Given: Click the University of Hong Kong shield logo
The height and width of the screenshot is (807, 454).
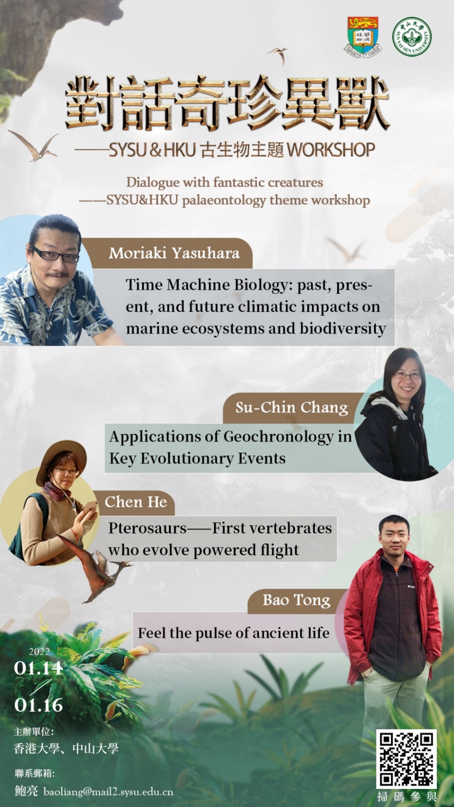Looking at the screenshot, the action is pyautogui.click(x=363, y=36).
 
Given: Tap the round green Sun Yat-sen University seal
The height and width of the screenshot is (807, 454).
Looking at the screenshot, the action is pyautogui.click(x=411, y=37).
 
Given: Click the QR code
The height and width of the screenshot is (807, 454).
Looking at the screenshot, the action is pyautogui.click(x=407, y=758).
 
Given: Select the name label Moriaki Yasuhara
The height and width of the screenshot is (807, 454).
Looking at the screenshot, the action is pyautogui.click(x=174, y=253).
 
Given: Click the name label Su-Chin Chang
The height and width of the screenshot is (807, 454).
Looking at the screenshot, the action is pyautogui.click(x=292, y=408).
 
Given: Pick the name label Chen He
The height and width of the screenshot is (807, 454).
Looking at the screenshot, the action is pyautogui.click(x=135, y=502).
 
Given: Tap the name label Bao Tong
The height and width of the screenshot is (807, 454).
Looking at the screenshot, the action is pyautogui.click(x=296, y=600).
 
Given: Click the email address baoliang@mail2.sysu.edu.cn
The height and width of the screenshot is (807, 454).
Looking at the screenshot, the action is pyautogui.click(x=108, y=792).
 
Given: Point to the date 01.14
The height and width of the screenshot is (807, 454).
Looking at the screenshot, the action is pyautogui.click(x=38, y=668).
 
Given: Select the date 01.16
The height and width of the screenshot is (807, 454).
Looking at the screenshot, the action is pyautogui.click(x=38, y=705).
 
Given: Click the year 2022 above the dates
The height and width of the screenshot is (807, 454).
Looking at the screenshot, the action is pyautogui.click(x=39, y=651).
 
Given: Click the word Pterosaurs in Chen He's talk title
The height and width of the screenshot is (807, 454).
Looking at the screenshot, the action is pyautogui.click(x=147, y=528).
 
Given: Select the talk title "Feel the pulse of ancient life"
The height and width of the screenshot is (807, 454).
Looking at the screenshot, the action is pyautogui.click(x=233, y=633).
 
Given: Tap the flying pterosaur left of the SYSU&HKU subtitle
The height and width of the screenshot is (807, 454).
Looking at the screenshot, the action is pyautogui.click(x=33, y=145).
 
